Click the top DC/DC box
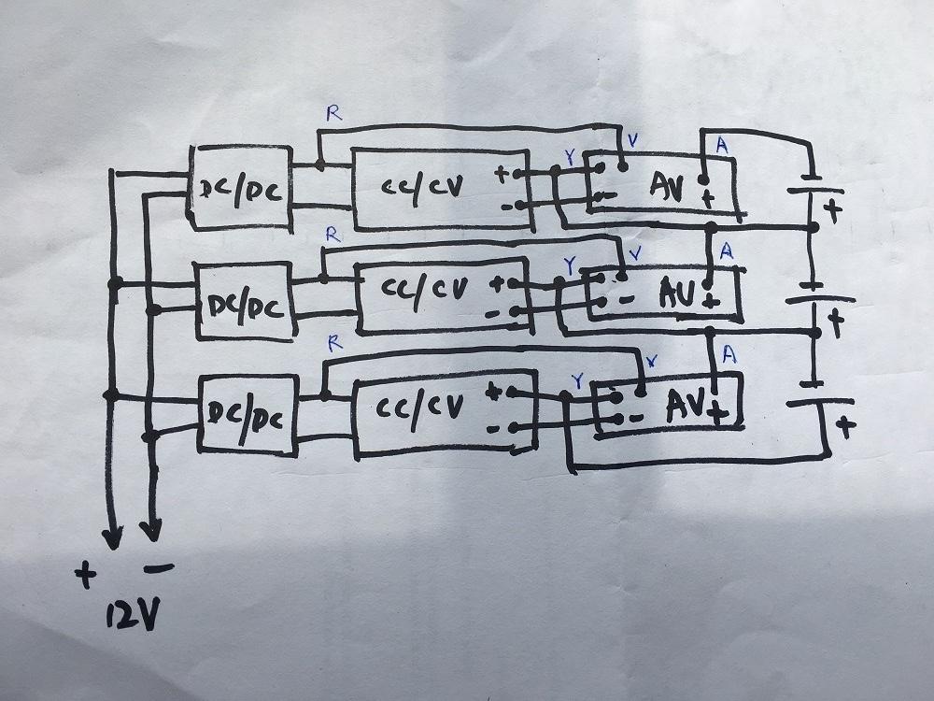pos(240,187)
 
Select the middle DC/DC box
pos(244,301)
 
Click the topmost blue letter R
pos(333,114)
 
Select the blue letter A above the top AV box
pos(720,144)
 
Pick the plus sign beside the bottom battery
pos(845,427)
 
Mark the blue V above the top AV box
pos(633,141)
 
